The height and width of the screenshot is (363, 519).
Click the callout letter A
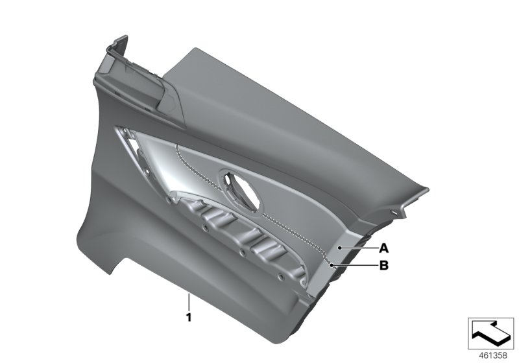[x=383, y=248]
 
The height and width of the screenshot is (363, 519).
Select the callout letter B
[x=383, y=264]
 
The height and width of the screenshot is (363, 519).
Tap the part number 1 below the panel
[x=188, y=317]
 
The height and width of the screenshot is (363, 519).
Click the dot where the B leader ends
[x=332, y=264]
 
